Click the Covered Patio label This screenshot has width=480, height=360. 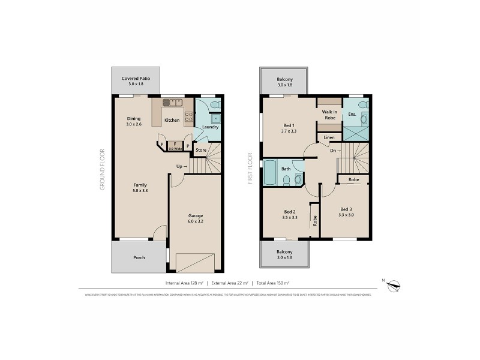(x=132, y=78)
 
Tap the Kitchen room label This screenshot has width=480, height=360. (x=172, y=121)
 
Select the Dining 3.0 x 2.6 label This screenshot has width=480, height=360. (x=134, y=121)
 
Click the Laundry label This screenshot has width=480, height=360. (x=209, y=127)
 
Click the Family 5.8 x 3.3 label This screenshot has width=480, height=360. (x=140, y=188)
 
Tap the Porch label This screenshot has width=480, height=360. (x=138, y=257)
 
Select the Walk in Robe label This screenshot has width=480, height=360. (x=329, y=115)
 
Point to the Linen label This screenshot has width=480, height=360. (x=329, y=138)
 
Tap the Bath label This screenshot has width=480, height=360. (x=286, y=169)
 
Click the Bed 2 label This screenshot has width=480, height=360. (x=290, y=215)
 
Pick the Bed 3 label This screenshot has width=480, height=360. (x=346, y=212)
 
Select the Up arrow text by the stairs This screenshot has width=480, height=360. (x=182, y=166)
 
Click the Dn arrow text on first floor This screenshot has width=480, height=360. (x=335, y=151)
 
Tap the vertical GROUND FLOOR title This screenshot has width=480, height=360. (x=103, y=170)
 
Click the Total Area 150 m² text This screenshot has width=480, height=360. (x=273, y=283)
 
